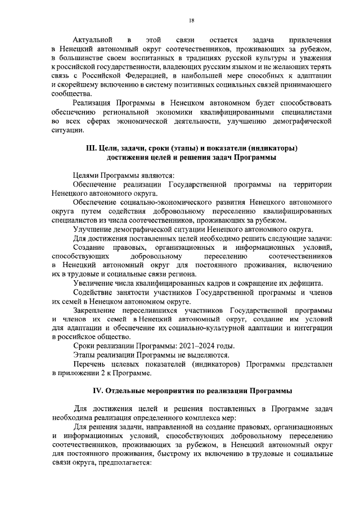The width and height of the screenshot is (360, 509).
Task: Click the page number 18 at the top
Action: (x=191, y=20)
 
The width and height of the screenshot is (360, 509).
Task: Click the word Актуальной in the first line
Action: (x=93, y=41)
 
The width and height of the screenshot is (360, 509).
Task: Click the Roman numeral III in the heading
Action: (x=91, y=148)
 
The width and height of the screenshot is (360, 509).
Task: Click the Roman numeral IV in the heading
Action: (x=97, y=390)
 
